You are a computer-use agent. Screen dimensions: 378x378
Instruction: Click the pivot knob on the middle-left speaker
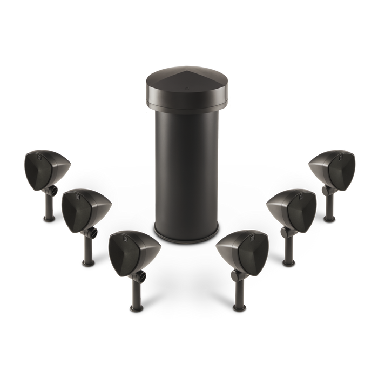point(95,232)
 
